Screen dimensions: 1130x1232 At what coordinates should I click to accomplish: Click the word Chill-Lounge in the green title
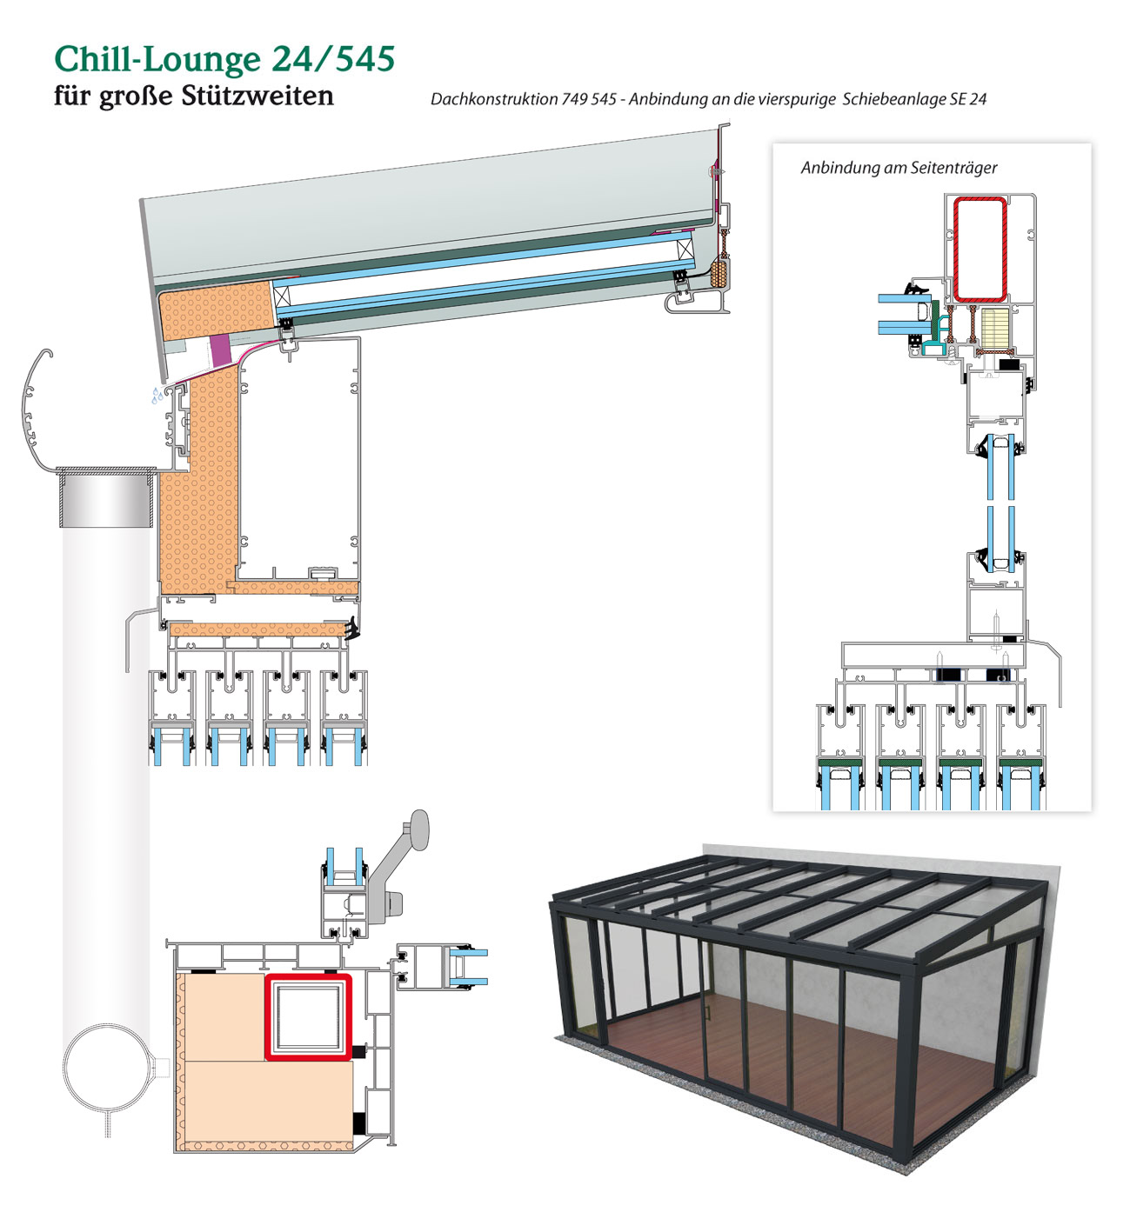(158, 60)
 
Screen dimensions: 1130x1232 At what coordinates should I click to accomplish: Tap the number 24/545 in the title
(333, 59)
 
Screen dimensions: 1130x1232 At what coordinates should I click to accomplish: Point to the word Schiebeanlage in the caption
(893, 99)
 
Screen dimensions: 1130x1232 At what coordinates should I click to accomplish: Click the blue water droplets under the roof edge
(158, 396)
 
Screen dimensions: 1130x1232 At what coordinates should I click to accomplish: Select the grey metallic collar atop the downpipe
(106, 496)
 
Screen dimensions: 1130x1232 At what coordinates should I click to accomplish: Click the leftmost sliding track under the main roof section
(172, 718)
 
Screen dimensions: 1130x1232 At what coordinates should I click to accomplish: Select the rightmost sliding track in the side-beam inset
(1021, 756)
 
